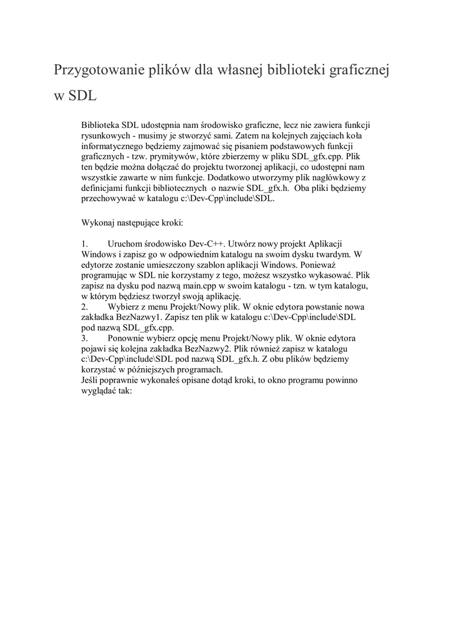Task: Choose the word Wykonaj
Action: click(99, 222)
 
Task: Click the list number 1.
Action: click(85, 243)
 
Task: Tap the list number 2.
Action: click(85, 306)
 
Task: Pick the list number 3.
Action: click(85, 337)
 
